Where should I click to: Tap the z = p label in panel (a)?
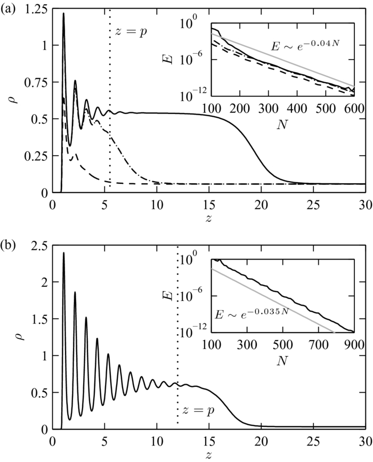pyautogui.click(x=131, y=30)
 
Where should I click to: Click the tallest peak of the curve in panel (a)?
pyautogui.click(x=63, y=14)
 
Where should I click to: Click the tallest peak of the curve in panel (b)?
pyautogui.click(x=64, y=253)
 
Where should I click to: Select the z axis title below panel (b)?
pyautogui.click(x=208, y=455)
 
